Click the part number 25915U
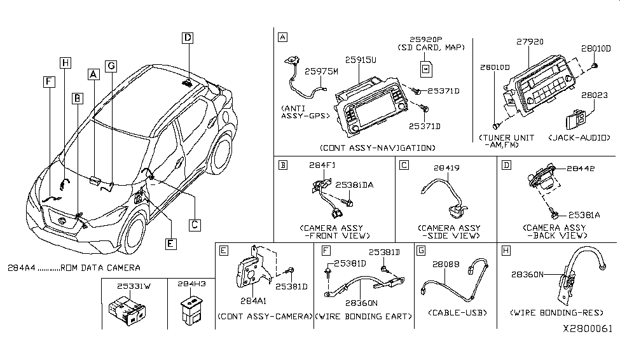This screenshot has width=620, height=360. coord(361,59)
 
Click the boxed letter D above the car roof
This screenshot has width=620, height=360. coord(188,38)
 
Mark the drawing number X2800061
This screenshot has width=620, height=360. coord(588,329)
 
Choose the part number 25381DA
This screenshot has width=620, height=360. coord(354,185)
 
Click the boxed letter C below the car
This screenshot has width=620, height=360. coord(195,224)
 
